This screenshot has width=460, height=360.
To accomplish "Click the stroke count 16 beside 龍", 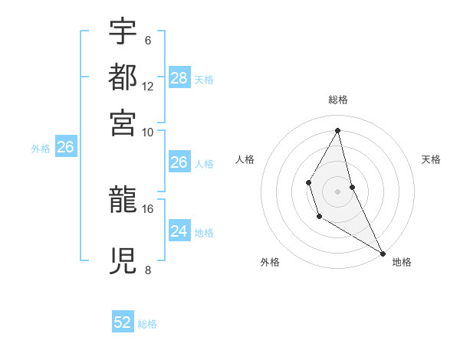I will pos(148,208).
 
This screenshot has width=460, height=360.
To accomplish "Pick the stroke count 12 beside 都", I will pos(148,87).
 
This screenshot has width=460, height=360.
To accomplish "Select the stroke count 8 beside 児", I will pos(147,270).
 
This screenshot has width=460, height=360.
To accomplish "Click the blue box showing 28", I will pos(179,77).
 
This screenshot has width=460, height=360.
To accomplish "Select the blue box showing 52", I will pos(123,323).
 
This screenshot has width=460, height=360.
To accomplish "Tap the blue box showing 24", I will pos(179,231).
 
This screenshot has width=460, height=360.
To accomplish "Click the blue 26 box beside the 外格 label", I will pos(65,148).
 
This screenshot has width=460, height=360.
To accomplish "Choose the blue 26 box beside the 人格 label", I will pos(179,162).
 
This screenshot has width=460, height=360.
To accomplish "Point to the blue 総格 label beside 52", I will pos(147,324).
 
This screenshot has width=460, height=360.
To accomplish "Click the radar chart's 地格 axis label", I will pos(402,263).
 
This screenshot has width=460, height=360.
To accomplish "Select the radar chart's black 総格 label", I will pos(338,100).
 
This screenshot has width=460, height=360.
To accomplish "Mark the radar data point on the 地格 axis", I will pos(383,253).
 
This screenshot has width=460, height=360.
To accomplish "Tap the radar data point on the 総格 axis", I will pos(338,130).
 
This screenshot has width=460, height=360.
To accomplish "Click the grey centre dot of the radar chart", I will pos(338,190).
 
